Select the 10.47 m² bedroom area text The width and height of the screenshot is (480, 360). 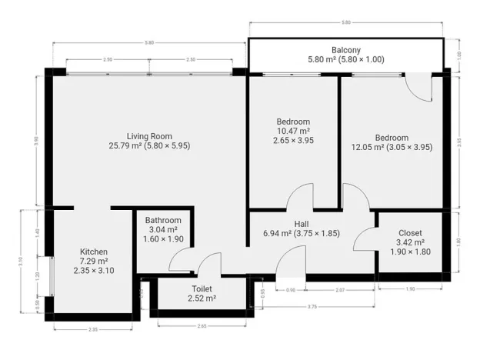point(293,132)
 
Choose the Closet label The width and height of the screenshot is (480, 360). point(410,233)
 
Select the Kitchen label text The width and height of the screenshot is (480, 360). point(94,252)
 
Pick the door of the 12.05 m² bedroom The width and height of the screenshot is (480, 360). point(355,195)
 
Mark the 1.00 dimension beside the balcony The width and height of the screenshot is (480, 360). point(459,56)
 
